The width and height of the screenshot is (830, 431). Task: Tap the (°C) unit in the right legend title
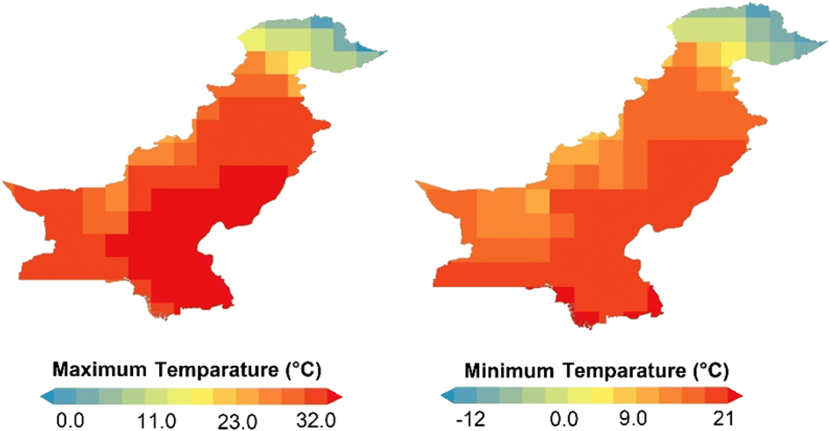coord(706,370)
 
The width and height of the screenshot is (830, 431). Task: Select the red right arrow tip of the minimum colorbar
coord(737,397)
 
